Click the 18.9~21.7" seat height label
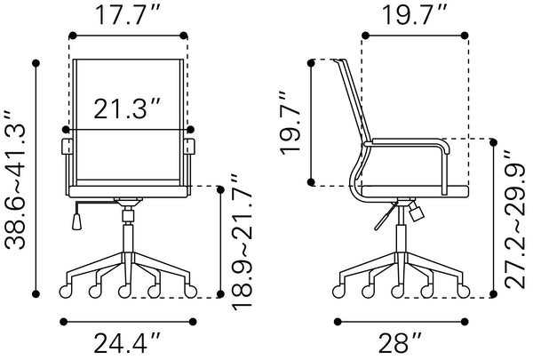[x=240, y=242]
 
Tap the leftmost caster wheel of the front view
[x=63, y=290]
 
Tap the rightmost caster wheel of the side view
[x=463, y=290]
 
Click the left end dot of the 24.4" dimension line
[x=61, y=322]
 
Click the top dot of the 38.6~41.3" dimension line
[x=36, y=62]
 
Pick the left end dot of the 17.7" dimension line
[x=71, y=36]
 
